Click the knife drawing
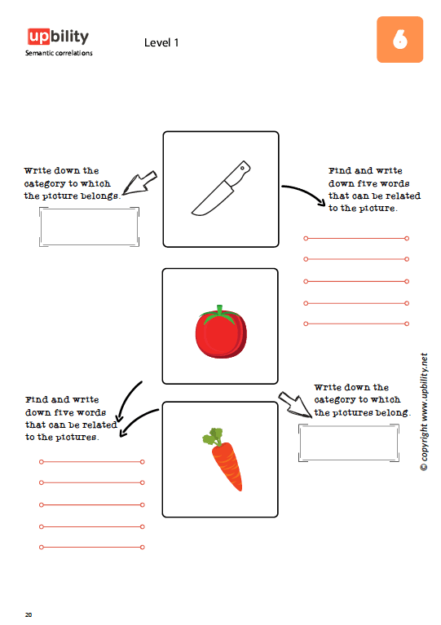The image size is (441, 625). tap(220, 188)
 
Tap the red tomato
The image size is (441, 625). tap(221, 332)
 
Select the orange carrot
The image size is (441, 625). tap(227, 464)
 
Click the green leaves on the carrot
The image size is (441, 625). tap(213, 437)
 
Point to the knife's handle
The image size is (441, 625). tap(239, 173)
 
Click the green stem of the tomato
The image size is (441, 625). tap(219, 314)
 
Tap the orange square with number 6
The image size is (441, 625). tap(400, 39)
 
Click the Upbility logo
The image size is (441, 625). tap(58, 37)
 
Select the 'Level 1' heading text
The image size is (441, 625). tap(161, 42)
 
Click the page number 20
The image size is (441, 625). tap(29, 614)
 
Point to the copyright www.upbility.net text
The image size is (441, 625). tap(424, 412)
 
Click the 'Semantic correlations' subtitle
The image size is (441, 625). tap(59, 53)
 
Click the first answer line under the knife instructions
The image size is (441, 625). tap(356, 239)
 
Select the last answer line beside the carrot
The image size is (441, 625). tap(92, 548)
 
